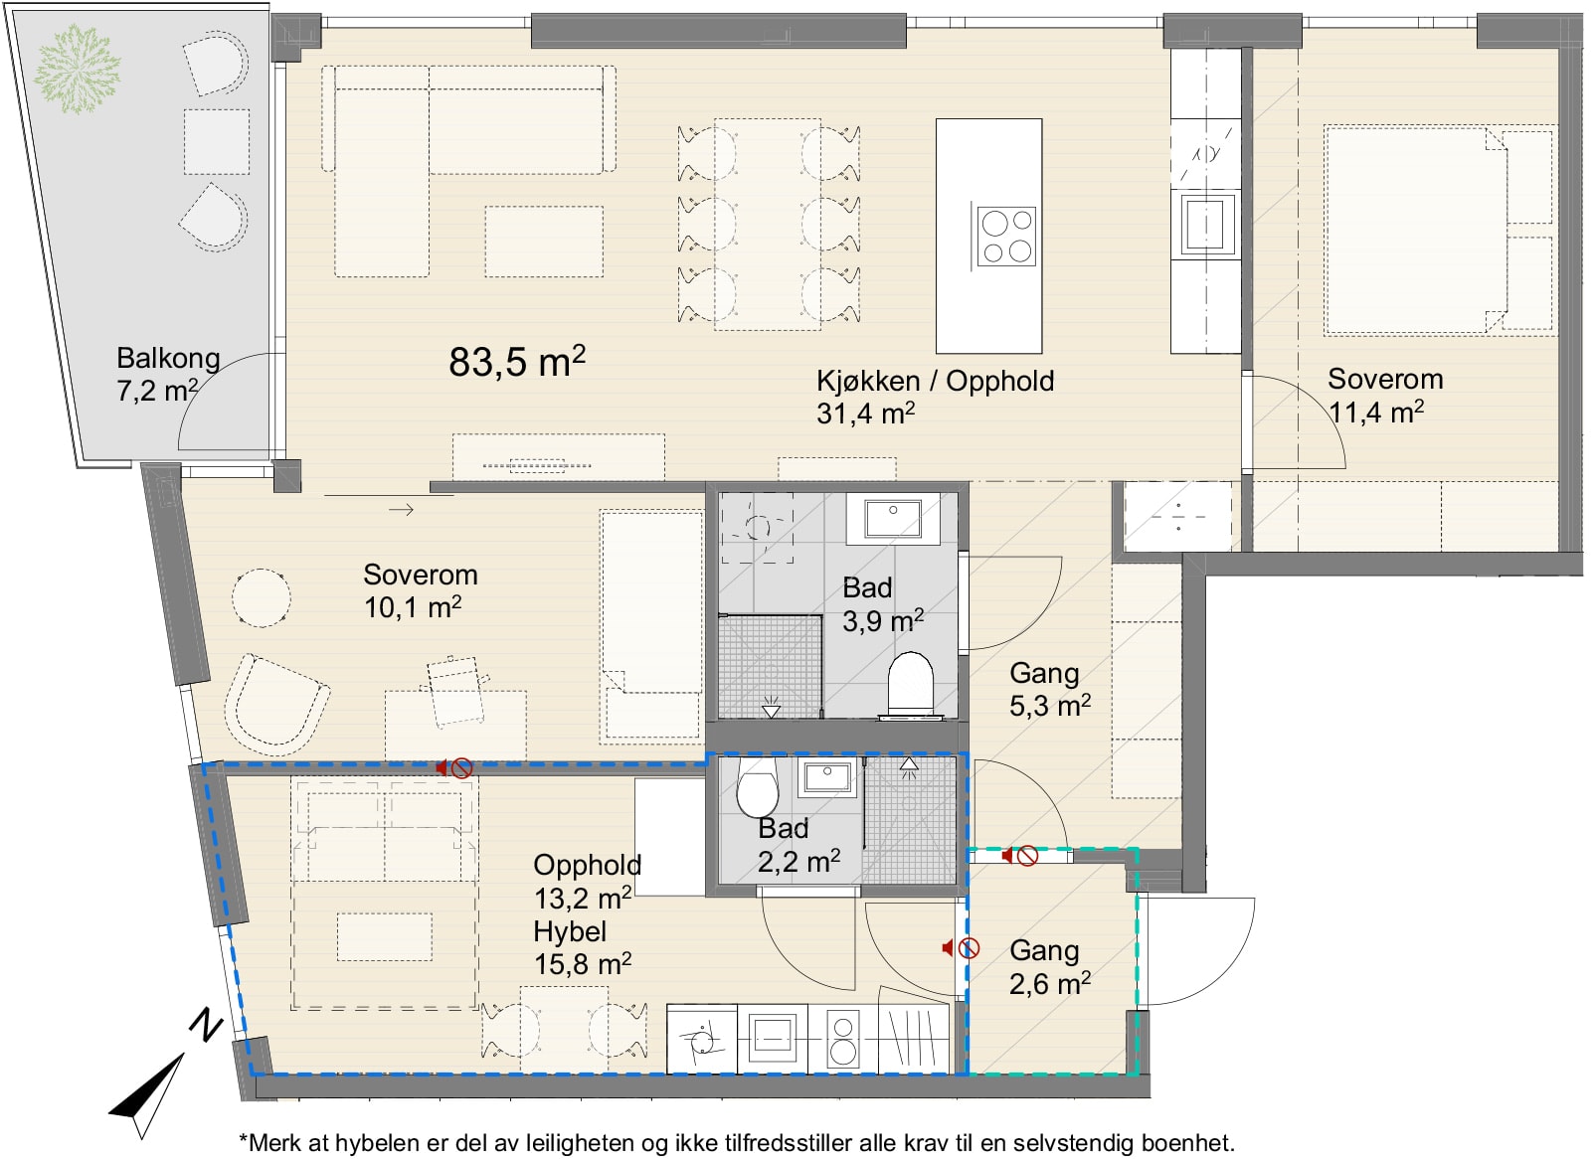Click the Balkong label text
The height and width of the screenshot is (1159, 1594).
click(x=168, y=359)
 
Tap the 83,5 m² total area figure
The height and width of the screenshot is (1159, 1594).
click(x=517, y=361)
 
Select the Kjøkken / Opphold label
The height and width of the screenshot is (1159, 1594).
click(x=935, y=382)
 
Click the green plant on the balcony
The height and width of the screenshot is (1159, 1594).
click(x=77, y=69)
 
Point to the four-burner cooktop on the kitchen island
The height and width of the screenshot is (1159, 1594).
click(x=1005, y=237)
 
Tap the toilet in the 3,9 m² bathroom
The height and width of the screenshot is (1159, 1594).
click(x=910, y=685)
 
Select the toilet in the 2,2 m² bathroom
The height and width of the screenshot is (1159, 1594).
click(x=757, y=787)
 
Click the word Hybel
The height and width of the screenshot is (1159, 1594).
click(x=569, y=932)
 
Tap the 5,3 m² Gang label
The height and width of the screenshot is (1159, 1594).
click(x=1049, y=689)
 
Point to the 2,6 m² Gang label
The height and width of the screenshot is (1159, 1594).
click(x=1049, y=967)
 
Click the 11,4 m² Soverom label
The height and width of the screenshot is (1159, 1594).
click(x=1385, y=396)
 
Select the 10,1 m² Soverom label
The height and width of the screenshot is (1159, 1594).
click(x=420, y=591)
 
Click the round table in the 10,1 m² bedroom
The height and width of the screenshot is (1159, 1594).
click(x=262, y=597)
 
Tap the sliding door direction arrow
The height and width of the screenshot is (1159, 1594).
click(x=401, y=509)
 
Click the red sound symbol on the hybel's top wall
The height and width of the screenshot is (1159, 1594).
click(x=454, y=768)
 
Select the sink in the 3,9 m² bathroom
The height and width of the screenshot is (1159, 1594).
click(x=893, y=518)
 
